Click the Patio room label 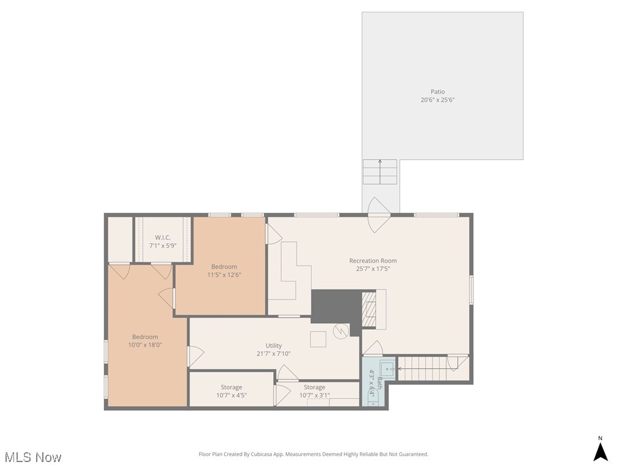point(437,92)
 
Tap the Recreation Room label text point(373,261)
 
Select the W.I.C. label point(162,237)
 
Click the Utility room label point(274,346)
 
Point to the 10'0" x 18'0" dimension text point(145,345)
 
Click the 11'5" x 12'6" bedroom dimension point(224,275)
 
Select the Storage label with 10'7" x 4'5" point(231,387)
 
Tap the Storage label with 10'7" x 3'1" point(315,387)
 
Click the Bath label point(379,383)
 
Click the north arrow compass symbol point(601,451)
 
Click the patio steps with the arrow point(380,172)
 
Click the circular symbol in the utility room point(340,331)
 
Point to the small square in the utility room point(318,339)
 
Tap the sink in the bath point(387,368)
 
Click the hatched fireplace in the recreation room point(368,310)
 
